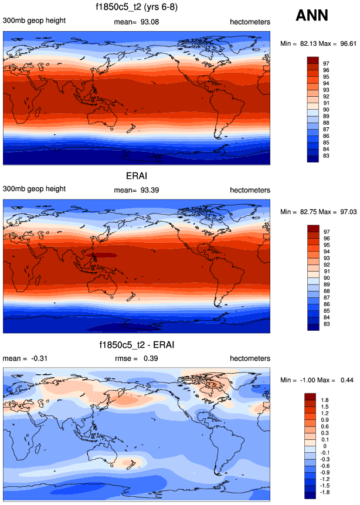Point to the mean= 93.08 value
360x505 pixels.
[x=136, y=22]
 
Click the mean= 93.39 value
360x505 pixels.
[x=136, y=190]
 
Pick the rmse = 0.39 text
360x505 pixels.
[x=135, y=358]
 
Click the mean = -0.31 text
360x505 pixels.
[x=24, y=358]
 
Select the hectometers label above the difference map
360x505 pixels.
[x=250, y=358]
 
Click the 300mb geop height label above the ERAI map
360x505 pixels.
[x=34, y=190]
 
